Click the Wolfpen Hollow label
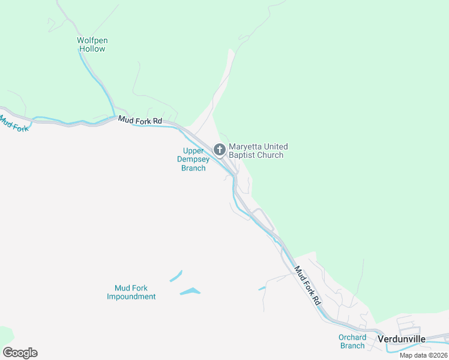point(92,44)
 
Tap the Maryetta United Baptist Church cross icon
point(220,149)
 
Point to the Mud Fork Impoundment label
point(131,292)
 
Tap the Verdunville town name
point(402,339)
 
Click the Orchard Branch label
point(352,341)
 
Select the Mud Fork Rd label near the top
point(140,121)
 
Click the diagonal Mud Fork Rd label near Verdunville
point(307,286)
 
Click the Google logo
point(20,352)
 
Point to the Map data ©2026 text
point(423,355)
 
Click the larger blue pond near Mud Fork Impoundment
point(190,292)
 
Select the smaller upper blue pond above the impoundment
point(176,276)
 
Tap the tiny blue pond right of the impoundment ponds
point(262,288)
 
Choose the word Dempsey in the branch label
point(193,160)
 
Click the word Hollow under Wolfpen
point(92,49)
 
